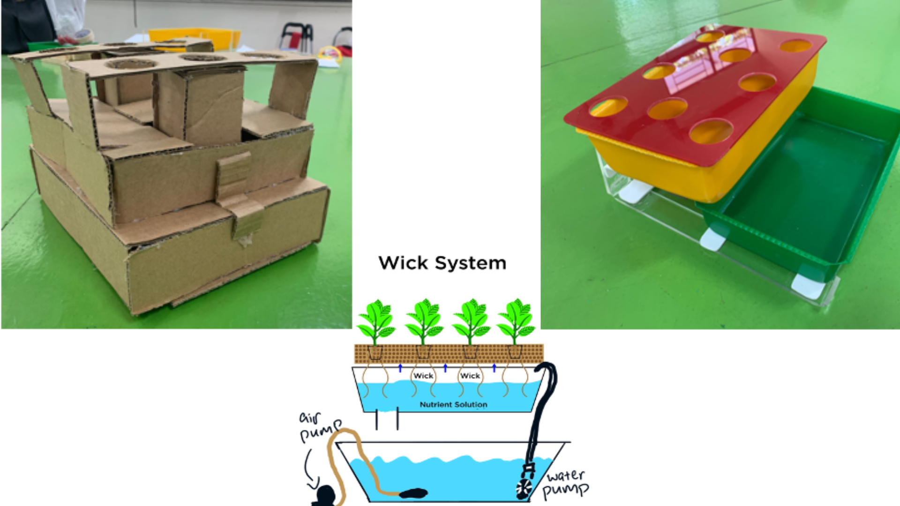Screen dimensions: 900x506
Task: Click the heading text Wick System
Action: pyautogui.click(x=442, y=263)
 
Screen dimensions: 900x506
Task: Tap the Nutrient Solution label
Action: pyautogui.click(x=453, y=404)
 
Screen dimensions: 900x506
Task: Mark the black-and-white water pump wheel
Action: pyautogui.click(x=524, y=488)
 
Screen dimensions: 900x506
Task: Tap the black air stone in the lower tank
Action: pyautogui.click(x=413, y=493)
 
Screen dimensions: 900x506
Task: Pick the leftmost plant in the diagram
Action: pyautogui.click(x=375, y=322)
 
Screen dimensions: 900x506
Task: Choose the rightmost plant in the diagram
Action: pyautogui.click(x=516, y=322)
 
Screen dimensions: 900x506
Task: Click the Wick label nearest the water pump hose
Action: pyautogui.click(x=470, y=376)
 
